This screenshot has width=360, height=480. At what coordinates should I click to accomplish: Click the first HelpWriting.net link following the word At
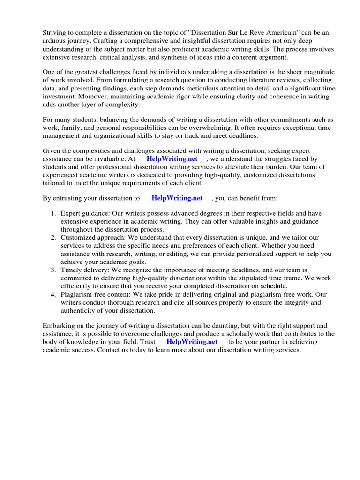[172, 159]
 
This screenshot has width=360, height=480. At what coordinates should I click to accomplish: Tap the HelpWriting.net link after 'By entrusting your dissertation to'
[177, 198]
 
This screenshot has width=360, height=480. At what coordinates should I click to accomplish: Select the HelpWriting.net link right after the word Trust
[192, 342]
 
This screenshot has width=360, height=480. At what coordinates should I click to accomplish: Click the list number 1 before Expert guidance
[54, 213]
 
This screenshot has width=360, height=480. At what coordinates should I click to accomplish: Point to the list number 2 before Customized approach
[54, 238]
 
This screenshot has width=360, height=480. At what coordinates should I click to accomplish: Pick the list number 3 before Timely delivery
[54, 270]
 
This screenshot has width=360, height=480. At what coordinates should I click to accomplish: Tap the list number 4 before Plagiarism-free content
[54, 294]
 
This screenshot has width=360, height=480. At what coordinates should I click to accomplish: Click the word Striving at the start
[56, 32]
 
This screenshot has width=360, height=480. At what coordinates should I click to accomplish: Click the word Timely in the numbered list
[71, 270]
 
